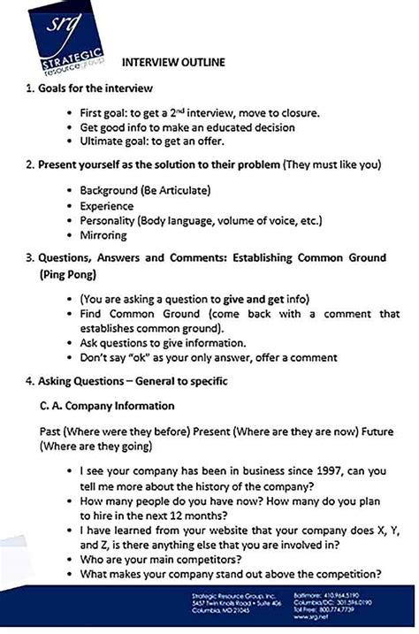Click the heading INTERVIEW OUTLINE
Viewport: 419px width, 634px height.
(x=172, y=63)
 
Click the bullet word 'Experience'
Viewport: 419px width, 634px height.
(x=109, y=205)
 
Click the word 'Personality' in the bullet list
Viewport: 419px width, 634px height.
(x=110, y=220)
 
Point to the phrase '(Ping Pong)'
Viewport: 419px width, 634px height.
(x=70, y=275)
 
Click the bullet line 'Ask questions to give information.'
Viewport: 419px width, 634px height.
(x=163, y=342)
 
